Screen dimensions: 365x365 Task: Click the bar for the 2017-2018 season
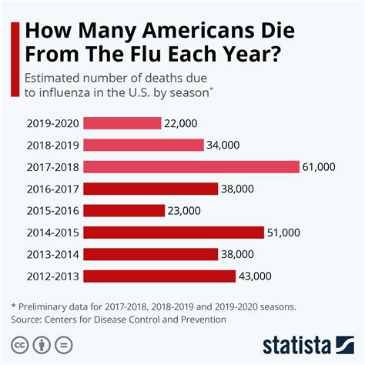click(190, 166)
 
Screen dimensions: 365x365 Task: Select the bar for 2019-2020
click(122, 122)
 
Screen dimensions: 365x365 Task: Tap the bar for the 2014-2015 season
click(173, 232)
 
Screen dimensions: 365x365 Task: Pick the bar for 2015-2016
click(123, 210)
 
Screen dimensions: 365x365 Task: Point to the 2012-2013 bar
click(159, 276)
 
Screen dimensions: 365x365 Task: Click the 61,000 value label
click(320, 166)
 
